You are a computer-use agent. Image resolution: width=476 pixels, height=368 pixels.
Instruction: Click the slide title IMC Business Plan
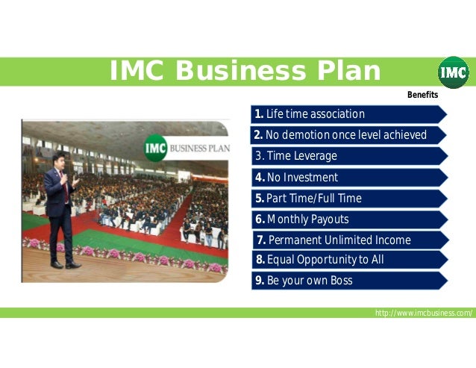pos(245,72)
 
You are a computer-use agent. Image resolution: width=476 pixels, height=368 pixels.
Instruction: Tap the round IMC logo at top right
pos(453,72)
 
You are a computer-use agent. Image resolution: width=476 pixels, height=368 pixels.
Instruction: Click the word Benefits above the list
pos(422,96)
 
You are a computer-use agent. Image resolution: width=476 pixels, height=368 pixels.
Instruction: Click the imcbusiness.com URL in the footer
pos(424,313)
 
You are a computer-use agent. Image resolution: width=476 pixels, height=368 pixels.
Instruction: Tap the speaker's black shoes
pos(64,264)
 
